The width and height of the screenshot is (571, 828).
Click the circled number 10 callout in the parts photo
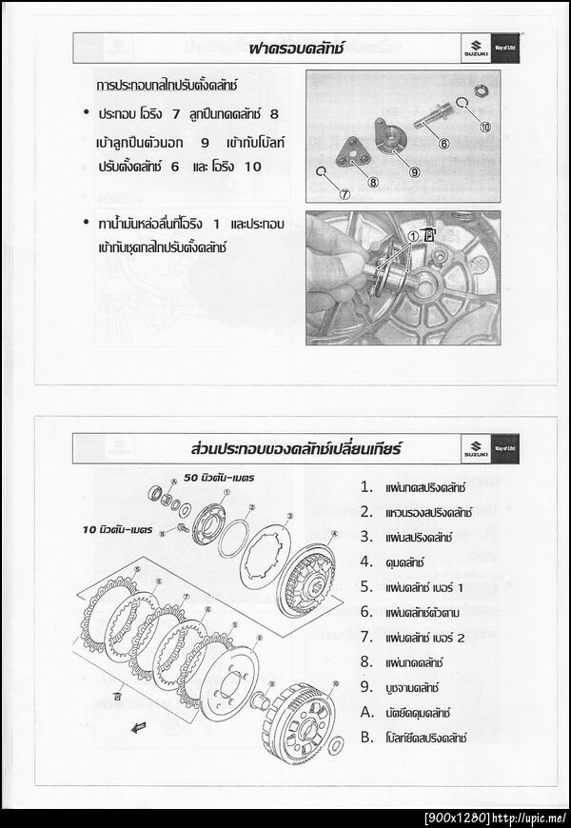click(484, 127)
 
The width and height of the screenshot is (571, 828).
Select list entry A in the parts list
click(366, 710)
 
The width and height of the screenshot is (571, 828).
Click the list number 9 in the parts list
click(366, 685)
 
